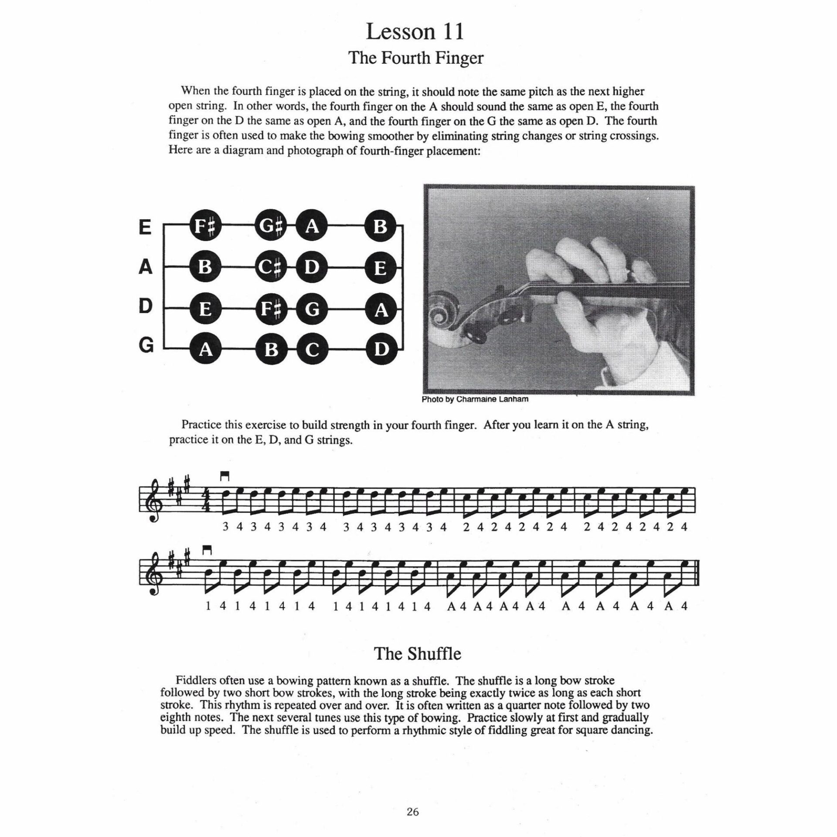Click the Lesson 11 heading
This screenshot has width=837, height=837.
pyautogui.click(x=415, y=32)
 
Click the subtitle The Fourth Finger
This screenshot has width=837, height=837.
pyautogui.click(x=416, y=58)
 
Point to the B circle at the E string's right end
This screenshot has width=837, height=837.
pyautogui.click(x=381, y=227)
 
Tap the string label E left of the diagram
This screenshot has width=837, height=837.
pyautogui.click(x=145, y=227)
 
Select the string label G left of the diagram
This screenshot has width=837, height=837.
pyautogui.click(x=146, y=345)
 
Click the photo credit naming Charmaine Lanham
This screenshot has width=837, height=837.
pyautogui.click(x=475, y=399)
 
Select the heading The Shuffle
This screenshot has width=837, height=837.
pyautogui.click(x=417, y=654)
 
